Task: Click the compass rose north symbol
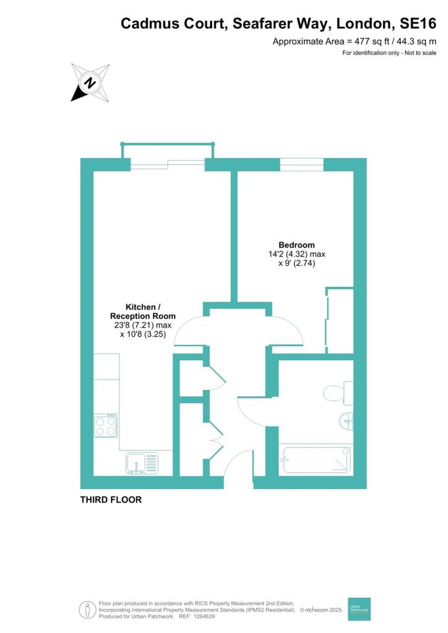[x=90, y=83]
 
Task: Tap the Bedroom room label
[x=296, y=245]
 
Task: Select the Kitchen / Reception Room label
[x=142, y=312]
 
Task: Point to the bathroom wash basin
[x=346, y=421]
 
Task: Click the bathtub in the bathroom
[x=317, y=459]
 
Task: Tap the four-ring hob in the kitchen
[x=106, y=426]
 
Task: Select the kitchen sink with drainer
[x=142, y=462]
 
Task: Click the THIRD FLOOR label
[x=111, y=499]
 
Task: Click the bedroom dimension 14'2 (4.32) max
[x=297, y=254]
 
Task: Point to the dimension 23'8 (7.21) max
[x=143, y=325]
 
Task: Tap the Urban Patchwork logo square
[x=359, y=609]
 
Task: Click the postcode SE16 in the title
[x=418, y=23]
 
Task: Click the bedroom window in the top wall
[x=302, y=164]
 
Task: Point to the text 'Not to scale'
[x=420, y=53]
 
